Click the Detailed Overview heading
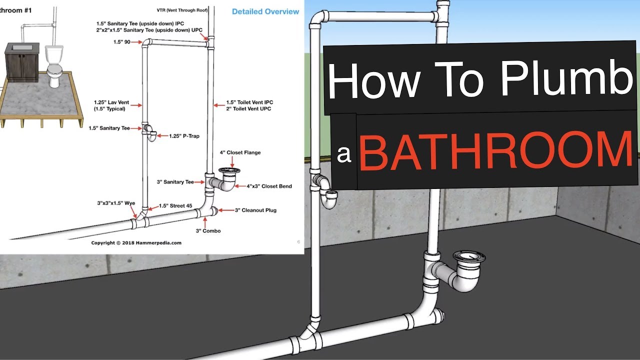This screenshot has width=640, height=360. [x=265, y=11]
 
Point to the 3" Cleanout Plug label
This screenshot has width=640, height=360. [x=255, y=210]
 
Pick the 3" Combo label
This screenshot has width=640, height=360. [x=208, y=231]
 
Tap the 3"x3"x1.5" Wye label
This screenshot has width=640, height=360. [x=116, y=203]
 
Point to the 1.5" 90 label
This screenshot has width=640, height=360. [x=122, y=42]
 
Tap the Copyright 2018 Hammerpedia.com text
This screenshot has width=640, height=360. [x=136, y=243]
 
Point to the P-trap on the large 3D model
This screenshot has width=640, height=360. [x=327, y=192]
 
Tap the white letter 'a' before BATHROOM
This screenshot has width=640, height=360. [x=343, y=154]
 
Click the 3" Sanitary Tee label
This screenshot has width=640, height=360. [x=175, y=182]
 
